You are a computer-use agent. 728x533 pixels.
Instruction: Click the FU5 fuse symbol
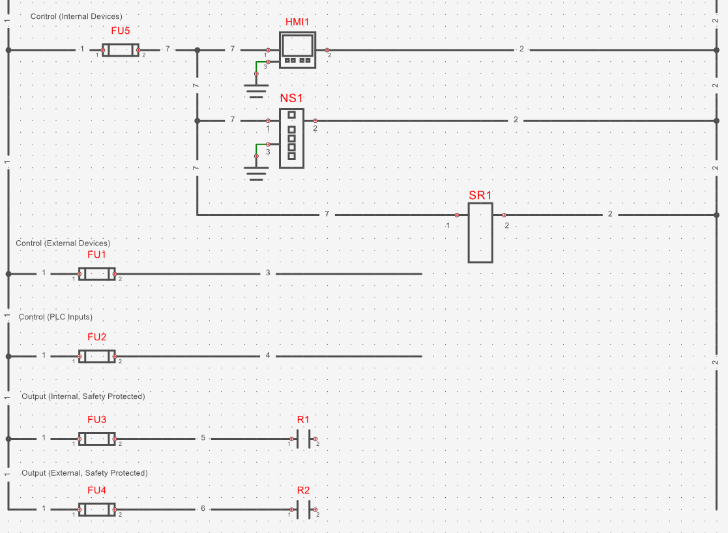(x=121, y=50)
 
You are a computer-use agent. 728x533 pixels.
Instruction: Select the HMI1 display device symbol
(x=297, y=50)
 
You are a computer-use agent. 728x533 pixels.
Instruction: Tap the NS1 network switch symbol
(x=291, y=138)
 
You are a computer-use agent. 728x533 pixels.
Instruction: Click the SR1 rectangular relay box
(x=480, y=232)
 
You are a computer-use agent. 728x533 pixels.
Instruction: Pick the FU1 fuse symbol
(x=96, y=274)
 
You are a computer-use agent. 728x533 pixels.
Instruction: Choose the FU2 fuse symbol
(x=96, y=356)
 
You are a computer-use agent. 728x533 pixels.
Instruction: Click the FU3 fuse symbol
(x=96, y=439)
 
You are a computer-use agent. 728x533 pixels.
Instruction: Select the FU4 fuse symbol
(x=96, y=509)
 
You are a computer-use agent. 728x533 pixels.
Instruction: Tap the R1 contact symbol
(x=303, y=439)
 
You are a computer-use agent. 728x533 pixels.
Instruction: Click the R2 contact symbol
(x=303, y=510)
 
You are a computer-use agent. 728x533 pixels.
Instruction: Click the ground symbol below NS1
(x=256, y=172)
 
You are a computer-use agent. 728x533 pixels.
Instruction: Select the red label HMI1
(x=297, y=22)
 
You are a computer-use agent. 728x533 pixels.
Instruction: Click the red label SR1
(x=480, y=195)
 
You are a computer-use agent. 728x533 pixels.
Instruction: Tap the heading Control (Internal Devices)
(x=76, y=16)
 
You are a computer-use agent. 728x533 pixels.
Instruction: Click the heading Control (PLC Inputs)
(x=55, y=317)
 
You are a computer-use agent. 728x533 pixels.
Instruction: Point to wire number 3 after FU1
(x=268, y=273)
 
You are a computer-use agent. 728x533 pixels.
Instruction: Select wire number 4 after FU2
(x=268, y=355)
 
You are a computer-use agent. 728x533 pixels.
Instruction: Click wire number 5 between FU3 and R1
(x=203, y=438)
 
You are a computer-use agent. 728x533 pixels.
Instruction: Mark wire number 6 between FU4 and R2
(x=203, y=508)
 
